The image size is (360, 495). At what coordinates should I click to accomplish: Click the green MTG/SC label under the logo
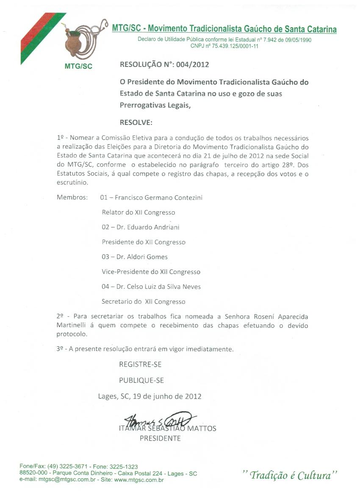tap(78, 66)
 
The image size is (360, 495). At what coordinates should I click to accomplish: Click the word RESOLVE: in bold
tap(136, 122)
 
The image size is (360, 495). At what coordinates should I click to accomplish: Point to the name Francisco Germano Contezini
tap(158, 197)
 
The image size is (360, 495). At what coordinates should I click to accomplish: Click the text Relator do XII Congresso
tap(138, 213)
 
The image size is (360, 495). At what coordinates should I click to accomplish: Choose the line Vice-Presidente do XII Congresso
tap(151, 272)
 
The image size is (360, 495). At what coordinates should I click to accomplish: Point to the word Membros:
tap(72, 197)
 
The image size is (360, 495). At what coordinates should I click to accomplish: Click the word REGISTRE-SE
tap(140, 364)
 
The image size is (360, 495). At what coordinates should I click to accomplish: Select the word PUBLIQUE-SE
tap(141, 380)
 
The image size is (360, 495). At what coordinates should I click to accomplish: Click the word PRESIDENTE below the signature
tap(160, 438)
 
